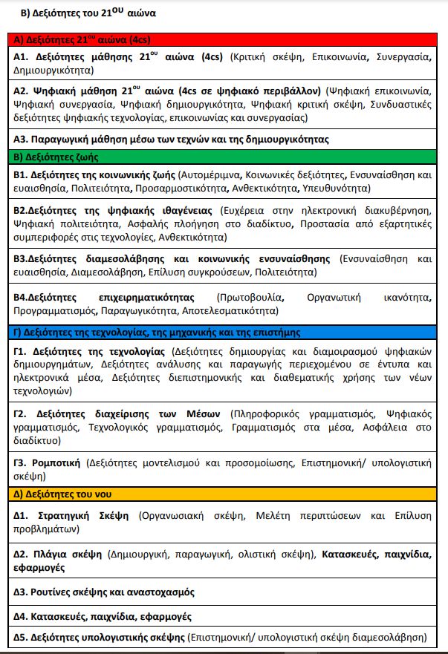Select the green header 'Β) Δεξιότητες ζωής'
[x=56, y=157]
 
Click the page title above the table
[x=82, y=13]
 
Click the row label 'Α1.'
[x=22, y=56]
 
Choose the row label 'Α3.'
[x=22, y=139]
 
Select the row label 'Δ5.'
[x=22, y=637]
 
